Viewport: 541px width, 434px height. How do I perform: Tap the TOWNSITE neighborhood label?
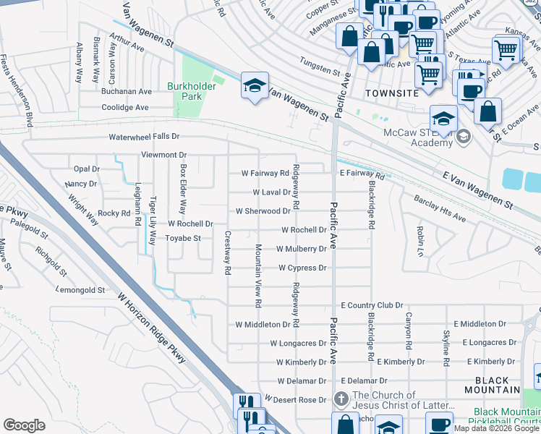coord(393,93)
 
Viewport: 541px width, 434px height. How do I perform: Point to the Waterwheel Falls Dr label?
coord(143,136)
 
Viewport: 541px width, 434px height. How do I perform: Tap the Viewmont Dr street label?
coord(163,155)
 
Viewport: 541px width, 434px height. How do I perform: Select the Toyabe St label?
coord(182,237)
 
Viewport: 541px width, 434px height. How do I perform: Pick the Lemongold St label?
coord(80,290)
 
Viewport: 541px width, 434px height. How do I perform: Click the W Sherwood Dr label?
coord(263,211)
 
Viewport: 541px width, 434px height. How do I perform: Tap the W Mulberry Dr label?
coord(302,249)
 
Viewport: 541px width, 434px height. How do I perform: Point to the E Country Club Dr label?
coord(372,306)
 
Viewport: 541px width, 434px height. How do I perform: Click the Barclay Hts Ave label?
coord(439,208)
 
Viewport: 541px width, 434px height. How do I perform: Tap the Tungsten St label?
coord(320,71)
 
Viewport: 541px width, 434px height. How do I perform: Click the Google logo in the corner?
coord(24,425)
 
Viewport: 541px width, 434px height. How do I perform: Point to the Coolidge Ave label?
coord(125,107)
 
